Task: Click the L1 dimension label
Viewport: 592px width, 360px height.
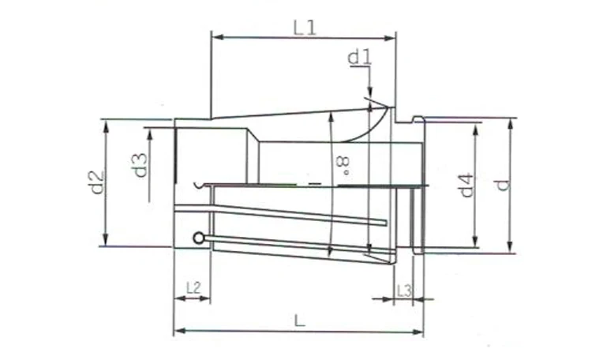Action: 304,27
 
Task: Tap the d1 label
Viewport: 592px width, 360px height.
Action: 359,57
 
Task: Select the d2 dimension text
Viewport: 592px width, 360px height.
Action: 95,182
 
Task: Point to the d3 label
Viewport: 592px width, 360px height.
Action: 140,164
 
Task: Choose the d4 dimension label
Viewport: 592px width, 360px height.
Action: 466,185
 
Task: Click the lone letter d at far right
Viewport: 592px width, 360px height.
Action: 500,185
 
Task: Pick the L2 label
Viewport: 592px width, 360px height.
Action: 192,289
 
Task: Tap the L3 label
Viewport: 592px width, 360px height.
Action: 403,290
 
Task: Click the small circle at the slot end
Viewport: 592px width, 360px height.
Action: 198,238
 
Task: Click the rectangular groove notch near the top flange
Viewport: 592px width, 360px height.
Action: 407,121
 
